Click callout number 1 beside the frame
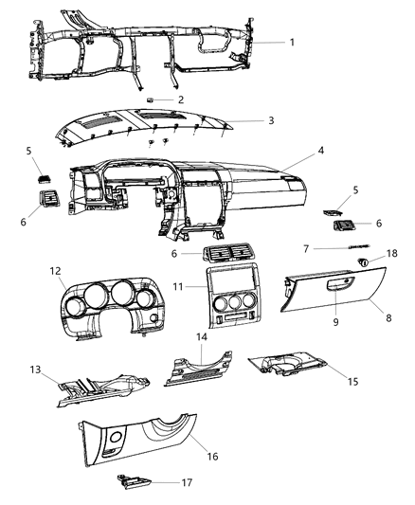[293, 43]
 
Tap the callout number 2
[181, 99]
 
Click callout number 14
[200, 336]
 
